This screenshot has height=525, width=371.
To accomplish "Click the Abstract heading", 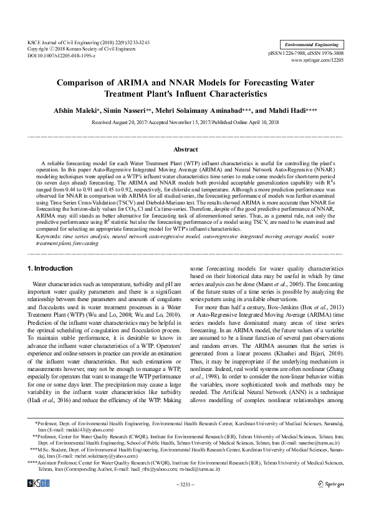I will click(x=185, y=150).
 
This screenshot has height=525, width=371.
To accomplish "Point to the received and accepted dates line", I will click(x=185, y=123).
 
